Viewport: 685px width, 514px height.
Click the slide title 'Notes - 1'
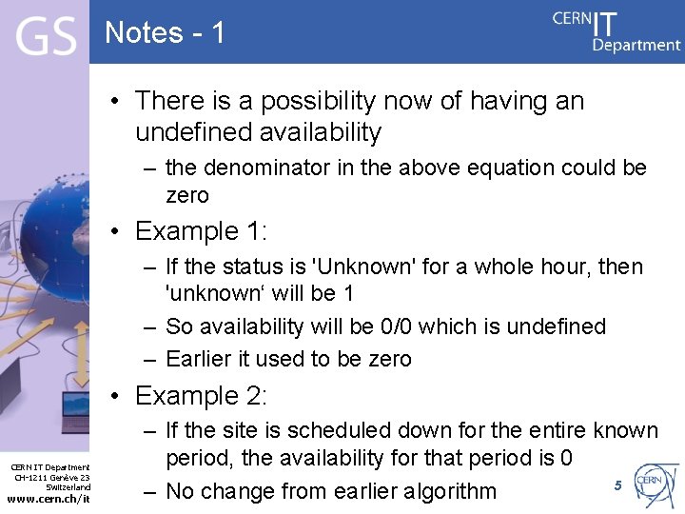pos(165,33)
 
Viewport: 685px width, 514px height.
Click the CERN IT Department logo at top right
pos(616,30)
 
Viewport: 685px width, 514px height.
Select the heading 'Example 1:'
pos(201,231)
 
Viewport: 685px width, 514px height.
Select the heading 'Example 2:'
pos(201,395)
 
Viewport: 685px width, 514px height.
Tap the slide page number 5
pos(617,485)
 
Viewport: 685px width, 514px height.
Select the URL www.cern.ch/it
pos(49,499)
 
